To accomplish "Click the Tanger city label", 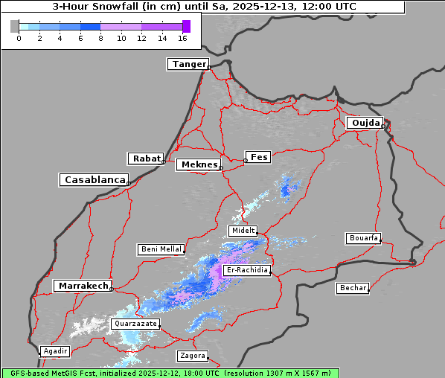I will pos(188,64).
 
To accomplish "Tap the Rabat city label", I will pos(146,158).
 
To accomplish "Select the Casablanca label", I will pos(94,180).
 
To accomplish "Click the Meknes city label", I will pos(198,164).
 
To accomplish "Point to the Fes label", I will pos(258,157).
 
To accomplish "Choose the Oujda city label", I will pos(365,123).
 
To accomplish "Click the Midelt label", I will pos(243,231).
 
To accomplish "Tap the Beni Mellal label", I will pos(161,249).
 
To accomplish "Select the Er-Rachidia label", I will pos(247,270).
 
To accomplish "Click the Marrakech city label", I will pos(83,286).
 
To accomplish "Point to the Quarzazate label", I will pos(135,324).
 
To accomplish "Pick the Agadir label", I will pos(55,351).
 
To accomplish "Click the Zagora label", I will pos(192,356).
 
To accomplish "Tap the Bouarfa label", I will pos(363,238).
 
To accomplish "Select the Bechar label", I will pos(353,288).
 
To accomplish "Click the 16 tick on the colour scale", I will pos(182,37).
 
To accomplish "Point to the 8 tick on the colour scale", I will pos(100,37).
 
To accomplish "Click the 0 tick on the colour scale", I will pos(19,37).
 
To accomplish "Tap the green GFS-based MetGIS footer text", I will pos(170,373).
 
